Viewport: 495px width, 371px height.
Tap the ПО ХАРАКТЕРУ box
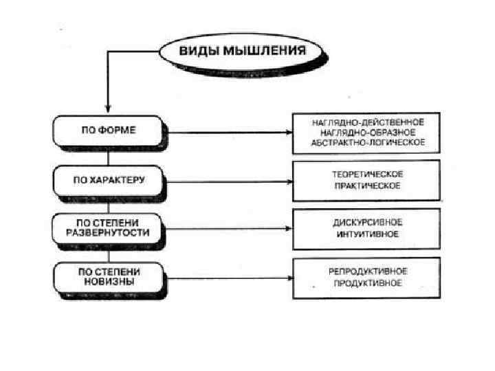point(108,180)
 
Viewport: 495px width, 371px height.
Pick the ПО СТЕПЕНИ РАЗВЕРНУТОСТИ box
point(108,227)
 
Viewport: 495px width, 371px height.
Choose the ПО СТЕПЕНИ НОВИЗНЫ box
point(108,277)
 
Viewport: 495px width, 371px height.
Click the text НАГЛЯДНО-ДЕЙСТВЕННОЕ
point(367,121)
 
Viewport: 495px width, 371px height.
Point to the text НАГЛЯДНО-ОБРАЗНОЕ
point(367,132)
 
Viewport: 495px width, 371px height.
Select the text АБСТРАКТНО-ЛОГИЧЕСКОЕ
point(367,142)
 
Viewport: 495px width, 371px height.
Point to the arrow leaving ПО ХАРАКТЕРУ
point(227,182)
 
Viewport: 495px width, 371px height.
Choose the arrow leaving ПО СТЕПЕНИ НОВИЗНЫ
point(227,279)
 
